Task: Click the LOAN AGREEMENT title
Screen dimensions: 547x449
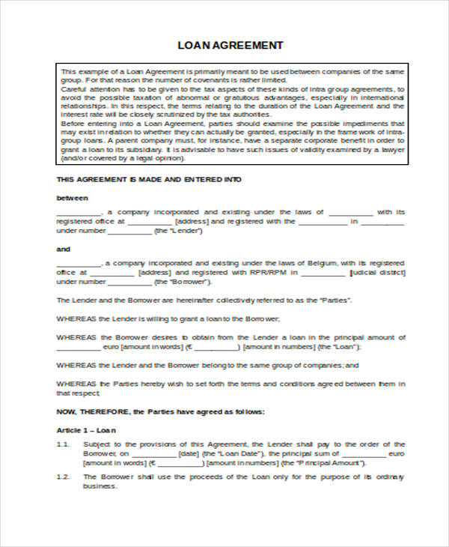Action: click(x=230, y=45)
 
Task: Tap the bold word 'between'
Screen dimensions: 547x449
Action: click(x=73, y=198)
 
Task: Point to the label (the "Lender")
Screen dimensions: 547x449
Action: click(x=177, y=232)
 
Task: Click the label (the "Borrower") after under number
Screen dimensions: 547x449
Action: click(x=180, y=282)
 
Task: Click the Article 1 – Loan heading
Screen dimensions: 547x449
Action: click(x=87, y=431)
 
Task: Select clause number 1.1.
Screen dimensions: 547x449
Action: click(x=64, y=444)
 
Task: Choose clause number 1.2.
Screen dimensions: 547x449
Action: click(x=64, y=477)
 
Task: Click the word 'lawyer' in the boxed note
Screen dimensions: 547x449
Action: click(x=392, y=150)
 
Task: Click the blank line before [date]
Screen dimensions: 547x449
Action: click(x=153, y=454)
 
